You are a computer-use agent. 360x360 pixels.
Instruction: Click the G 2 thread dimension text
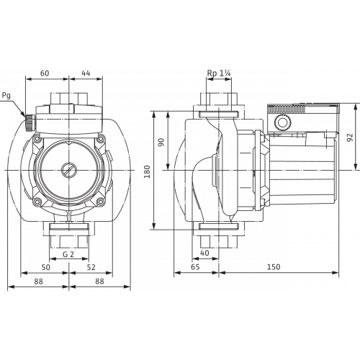[69, 254]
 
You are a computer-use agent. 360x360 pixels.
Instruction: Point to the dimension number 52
[91, 267]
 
